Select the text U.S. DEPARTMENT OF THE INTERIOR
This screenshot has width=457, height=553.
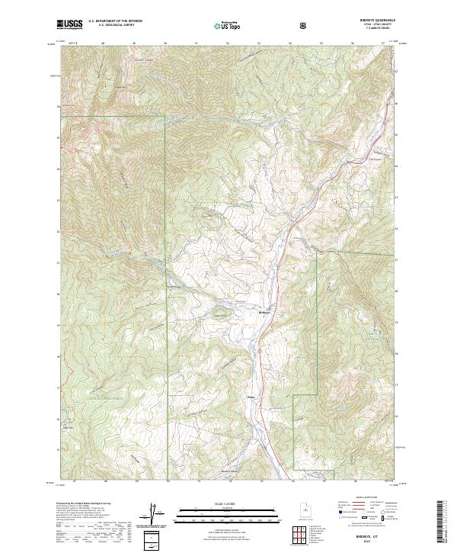coord(114,21)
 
